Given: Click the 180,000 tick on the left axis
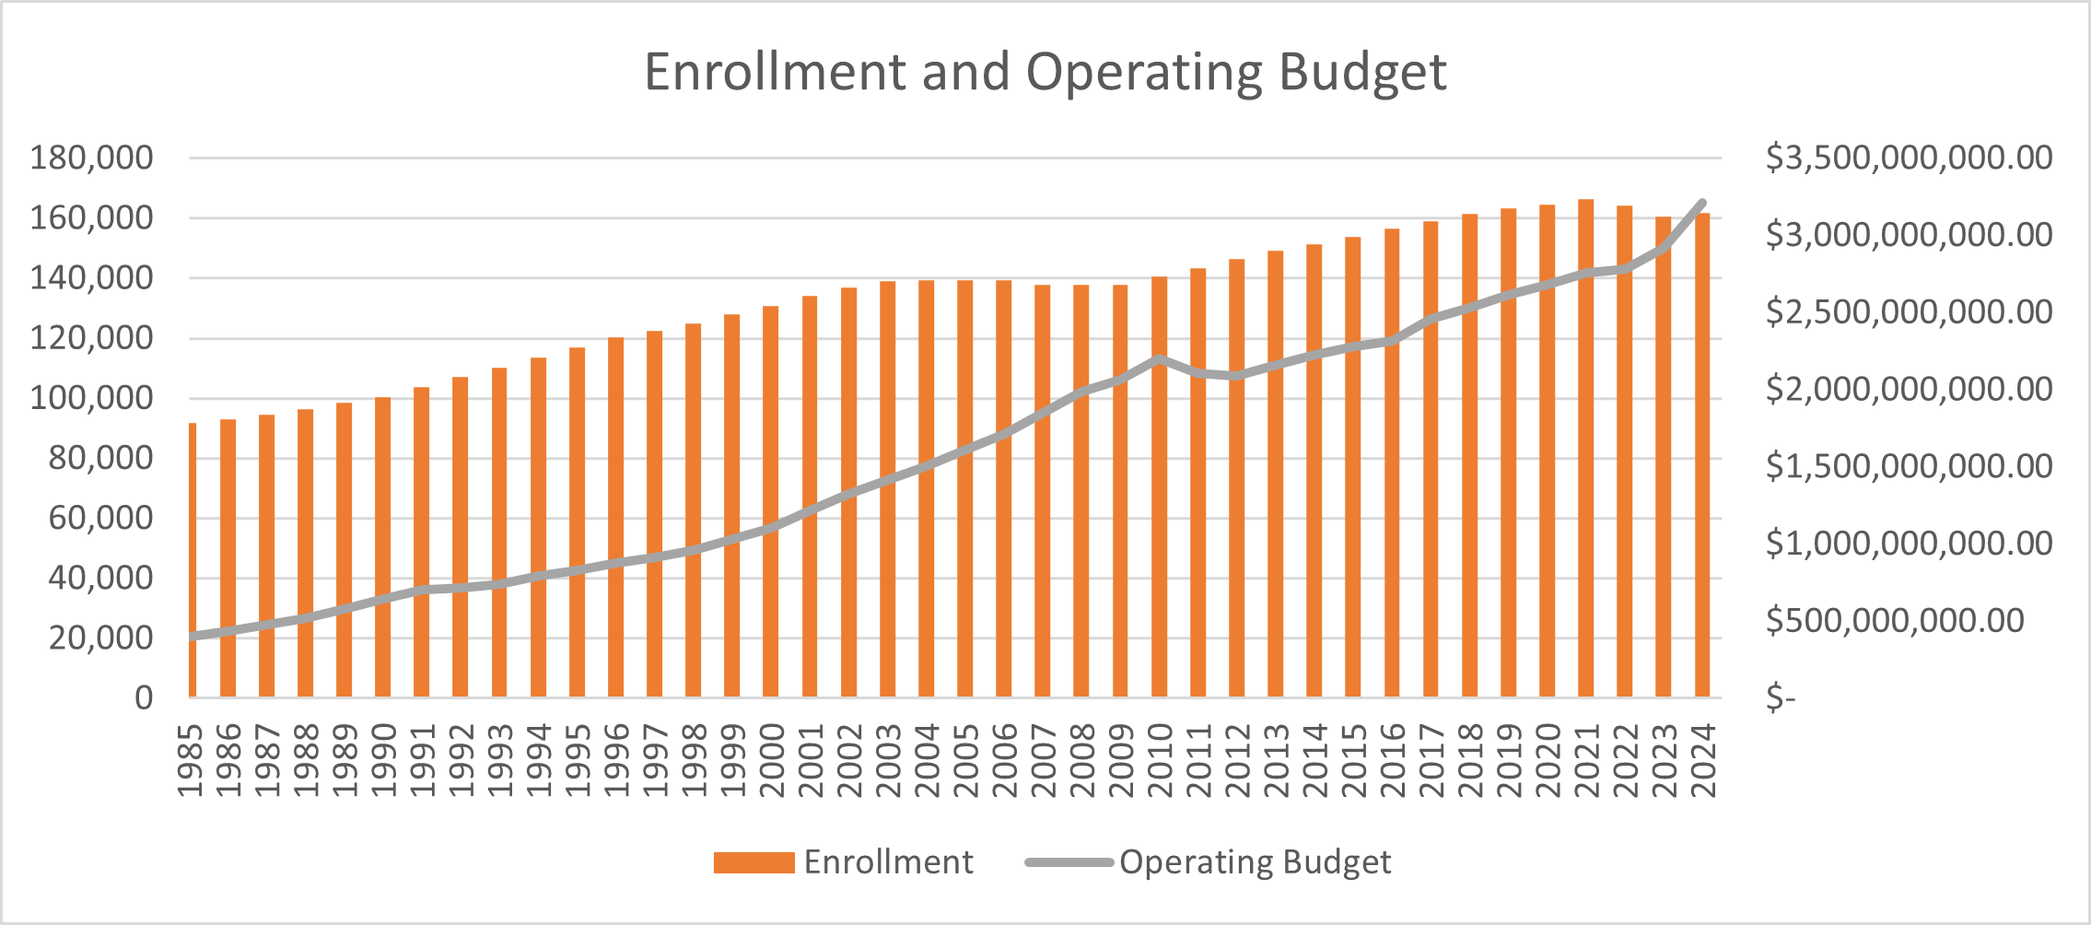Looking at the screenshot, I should click(91, 158).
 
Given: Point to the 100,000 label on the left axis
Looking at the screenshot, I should click(91, 398).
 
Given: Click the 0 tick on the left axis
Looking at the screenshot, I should click(144, 697).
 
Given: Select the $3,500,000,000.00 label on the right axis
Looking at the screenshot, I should click(1909, 158).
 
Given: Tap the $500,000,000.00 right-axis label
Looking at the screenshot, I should click(1895, 620).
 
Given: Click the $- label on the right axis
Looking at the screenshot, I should click(1781, 697).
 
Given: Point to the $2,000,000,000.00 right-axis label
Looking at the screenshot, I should click(1909, 389).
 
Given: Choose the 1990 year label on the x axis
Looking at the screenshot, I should click(384, 760).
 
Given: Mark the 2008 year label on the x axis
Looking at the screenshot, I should click(1082, 760).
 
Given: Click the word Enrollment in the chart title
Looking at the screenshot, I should click(776, 72).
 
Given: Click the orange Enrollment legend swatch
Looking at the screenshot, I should click(753, 862).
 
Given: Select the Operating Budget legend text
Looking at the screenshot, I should click(1255, 862).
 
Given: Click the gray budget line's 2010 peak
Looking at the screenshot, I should click(1159, 358).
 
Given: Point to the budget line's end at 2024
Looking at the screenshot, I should click(1702, 203).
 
